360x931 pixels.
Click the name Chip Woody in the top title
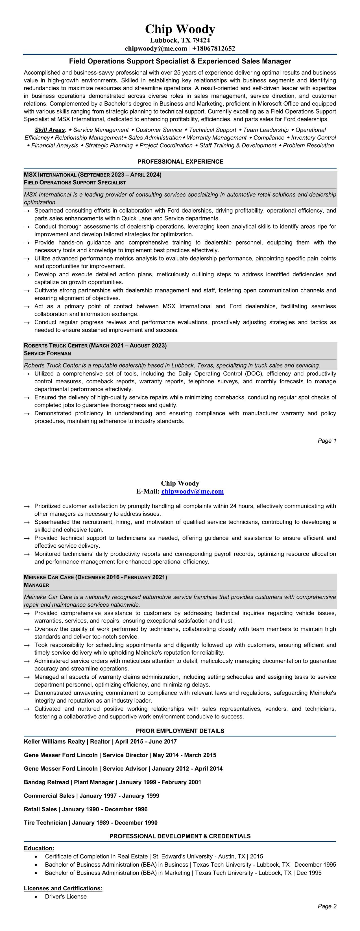click(x=180, y=29)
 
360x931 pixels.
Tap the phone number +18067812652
click(x=214, y=49)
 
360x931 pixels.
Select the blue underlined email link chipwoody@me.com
click(x=192, y=491)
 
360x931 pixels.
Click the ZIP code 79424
click(x=200, y=40)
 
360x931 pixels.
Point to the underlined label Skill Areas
click(x=49, y=130)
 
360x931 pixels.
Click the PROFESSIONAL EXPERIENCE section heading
click(x=180, y=161)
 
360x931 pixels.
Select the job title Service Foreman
click(x=47, y=353)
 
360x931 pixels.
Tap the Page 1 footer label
click(x=327, y=441)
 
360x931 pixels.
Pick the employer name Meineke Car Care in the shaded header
click(x=49, y=577)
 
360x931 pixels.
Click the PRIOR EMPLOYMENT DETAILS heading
click(x=180, y=731)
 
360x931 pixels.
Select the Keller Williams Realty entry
click(x=54, y=742)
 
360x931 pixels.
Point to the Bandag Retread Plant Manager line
click(x=112, y=782)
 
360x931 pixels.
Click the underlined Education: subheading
click(x=39, y=848)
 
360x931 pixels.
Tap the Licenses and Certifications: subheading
click(x=63, y=888)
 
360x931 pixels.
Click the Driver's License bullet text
click(x=66, y=896)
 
